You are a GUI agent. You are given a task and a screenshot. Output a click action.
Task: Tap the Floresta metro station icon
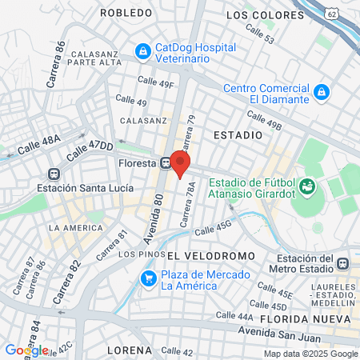[165, 161]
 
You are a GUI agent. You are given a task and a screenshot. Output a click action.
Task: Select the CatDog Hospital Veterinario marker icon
[142, 52]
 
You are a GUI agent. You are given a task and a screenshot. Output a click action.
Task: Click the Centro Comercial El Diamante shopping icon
[321, 93]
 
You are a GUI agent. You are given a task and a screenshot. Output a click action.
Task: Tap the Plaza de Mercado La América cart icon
[147, 278]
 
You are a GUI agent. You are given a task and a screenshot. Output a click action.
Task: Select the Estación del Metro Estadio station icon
[342, 263]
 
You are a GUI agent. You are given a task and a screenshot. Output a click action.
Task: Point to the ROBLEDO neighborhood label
[126, 13]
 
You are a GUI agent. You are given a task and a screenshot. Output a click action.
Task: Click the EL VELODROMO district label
[211, 254]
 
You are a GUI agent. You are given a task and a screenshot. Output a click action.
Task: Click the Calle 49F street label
[155, 82]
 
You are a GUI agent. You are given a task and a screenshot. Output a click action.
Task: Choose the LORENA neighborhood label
[131, 350]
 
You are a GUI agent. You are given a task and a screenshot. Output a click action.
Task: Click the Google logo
[26, 350]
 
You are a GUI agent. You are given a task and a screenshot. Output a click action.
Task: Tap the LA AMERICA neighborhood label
[75, 227]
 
